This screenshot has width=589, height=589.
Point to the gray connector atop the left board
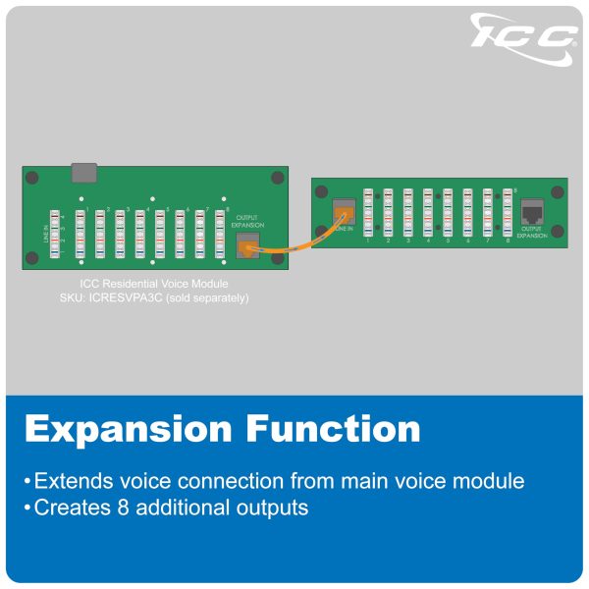(x=85, y=174)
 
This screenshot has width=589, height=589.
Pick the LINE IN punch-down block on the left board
(x=57, y=233)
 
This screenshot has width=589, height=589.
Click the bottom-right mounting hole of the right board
(x=558, y=232)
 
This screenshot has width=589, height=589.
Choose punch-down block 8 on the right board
(x=508, y=211)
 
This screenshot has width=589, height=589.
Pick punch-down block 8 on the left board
(x=221, y=233)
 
